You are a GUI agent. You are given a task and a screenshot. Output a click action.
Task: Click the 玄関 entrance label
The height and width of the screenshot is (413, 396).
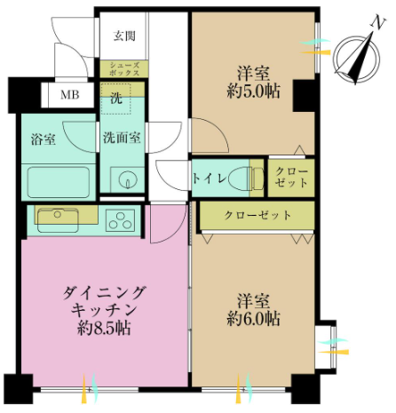click(124, 36)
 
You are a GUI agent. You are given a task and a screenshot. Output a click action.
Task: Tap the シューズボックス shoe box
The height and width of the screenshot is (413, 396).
click(123, 69)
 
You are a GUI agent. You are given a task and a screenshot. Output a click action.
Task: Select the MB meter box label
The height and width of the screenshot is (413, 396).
click(70, 95)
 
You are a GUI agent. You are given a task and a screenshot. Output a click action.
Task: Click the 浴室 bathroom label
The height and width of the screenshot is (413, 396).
click(44, 139)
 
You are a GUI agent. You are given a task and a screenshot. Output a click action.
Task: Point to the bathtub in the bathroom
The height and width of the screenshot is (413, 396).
click(59, 182)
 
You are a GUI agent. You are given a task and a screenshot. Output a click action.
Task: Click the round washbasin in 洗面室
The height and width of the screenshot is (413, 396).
click(128, 179)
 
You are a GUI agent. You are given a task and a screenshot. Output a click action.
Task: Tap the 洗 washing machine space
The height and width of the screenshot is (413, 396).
click(116, 99)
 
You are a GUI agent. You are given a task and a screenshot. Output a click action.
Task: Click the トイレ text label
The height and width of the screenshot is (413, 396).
click(210, 179)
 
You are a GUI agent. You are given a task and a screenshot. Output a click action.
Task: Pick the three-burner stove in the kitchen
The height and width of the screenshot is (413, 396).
click(121, 220)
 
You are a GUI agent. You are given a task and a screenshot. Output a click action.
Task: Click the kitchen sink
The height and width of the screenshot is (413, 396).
click(58, 220)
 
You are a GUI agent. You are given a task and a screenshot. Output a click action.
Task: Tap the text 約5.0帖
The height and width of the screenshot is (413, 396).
click(254, 91)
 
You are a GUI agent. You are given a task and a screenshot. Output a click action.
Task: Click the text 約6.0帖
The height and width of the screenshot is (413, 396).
click(254, 319)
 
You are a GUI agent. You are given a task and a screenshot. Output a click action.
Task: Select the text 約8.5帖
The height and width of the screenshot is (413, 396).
click(104, 328)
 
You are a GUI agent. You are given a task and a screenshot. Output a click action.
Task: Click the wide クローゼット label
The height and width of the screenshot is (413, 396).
click(257, 215)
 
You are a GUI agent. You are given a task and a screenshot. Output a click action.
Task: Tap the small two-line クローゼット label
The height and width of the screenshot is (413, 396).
click(291, 178)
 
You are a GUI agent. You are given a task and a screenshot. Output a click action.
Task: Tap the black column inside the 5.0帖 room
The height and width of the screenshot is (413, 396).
click(304, 95)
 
